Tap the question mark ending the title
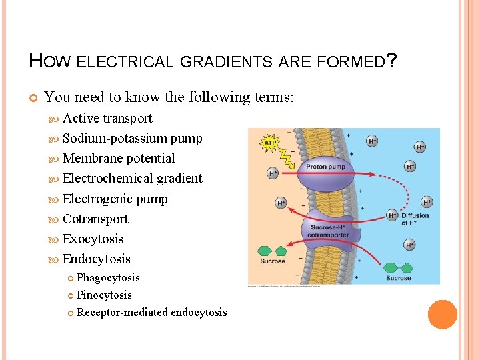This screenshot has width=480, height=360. point(393,61)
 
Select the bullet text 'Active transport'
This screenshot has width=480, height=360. point(107,119)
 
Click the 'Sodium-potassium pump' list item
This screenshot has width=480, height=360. point(132,139)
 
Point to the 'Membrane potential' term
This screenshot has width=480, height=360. point(119,159)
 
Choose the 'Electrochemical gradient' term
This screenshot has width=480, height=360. point(132,179)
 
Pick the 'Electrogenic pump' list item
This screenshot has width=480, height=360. point(115,199)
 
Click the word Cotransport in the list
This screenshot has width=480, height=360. point(95,219)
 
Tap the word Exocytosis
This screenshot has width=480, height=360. point(93,239)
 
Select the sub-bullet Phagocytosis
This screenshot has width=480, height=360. point(108,277)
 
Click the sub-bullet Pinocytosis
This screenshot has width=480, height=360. point(104,295)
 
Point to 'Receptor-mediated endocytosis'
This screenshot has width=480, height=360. point(152,312)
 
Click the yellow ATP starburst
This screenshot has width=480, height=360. point(270,142)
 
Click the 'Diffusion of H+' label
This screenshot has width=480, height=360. point(415,219)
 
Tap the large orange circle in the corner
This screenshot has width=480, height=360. point(442,315)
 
